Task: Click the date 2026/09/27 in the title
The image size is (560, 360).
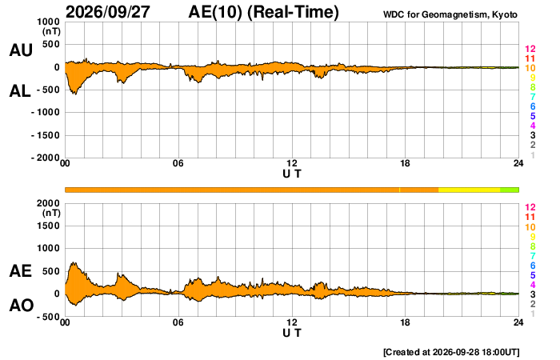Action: (x=108, y=12)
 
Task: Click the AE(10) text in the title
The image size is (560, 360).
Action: (x=215, y=12)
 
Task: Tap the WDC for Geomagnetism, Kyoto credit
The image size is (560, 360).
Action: (x=450, y=14)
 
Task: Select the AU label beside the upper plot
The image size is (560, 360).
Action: (x=21, y=50)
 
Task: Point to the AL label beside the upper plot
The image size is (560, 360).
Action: (x=20, y=91)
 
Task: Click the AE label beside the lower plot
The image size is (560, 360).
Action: (x=21, y=271)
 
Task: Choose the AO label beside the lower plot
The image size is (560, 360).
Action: (x=22, y=306)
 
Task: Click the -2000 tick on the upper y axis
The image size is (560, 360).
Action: (x=46, y=158)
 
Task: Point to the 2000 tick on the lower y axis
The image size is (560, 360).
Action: (x=49, y=203)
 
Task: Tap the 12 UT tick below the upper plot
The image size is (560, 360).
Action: (x=292, y=163)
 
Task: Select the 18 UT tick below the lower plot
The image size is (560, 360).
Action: (x=405, y=322)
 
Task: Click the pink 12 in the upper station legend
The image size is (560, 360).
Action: (x=530, y=49)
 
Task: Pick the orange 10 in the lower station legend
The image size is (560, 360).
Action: (x=530, y=227)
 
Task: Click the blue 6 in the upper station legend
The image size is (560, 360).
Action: (x=533, y=106)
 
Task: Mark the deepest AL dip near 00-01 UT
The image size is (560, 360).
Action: (x=75, y=94)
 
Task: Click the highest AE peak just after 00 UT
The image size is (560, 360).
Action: (x=74, y=262)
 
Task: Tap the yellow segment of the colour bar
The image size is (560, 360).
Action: (x=470, y=190)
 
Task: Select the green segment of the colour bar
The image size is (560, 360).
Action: (x=510, y=190)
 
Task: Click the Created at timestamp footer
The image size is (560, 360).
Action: (x=451, y=352)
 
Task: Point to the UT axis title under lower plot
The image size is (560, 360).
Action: (x=292, y=334)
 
